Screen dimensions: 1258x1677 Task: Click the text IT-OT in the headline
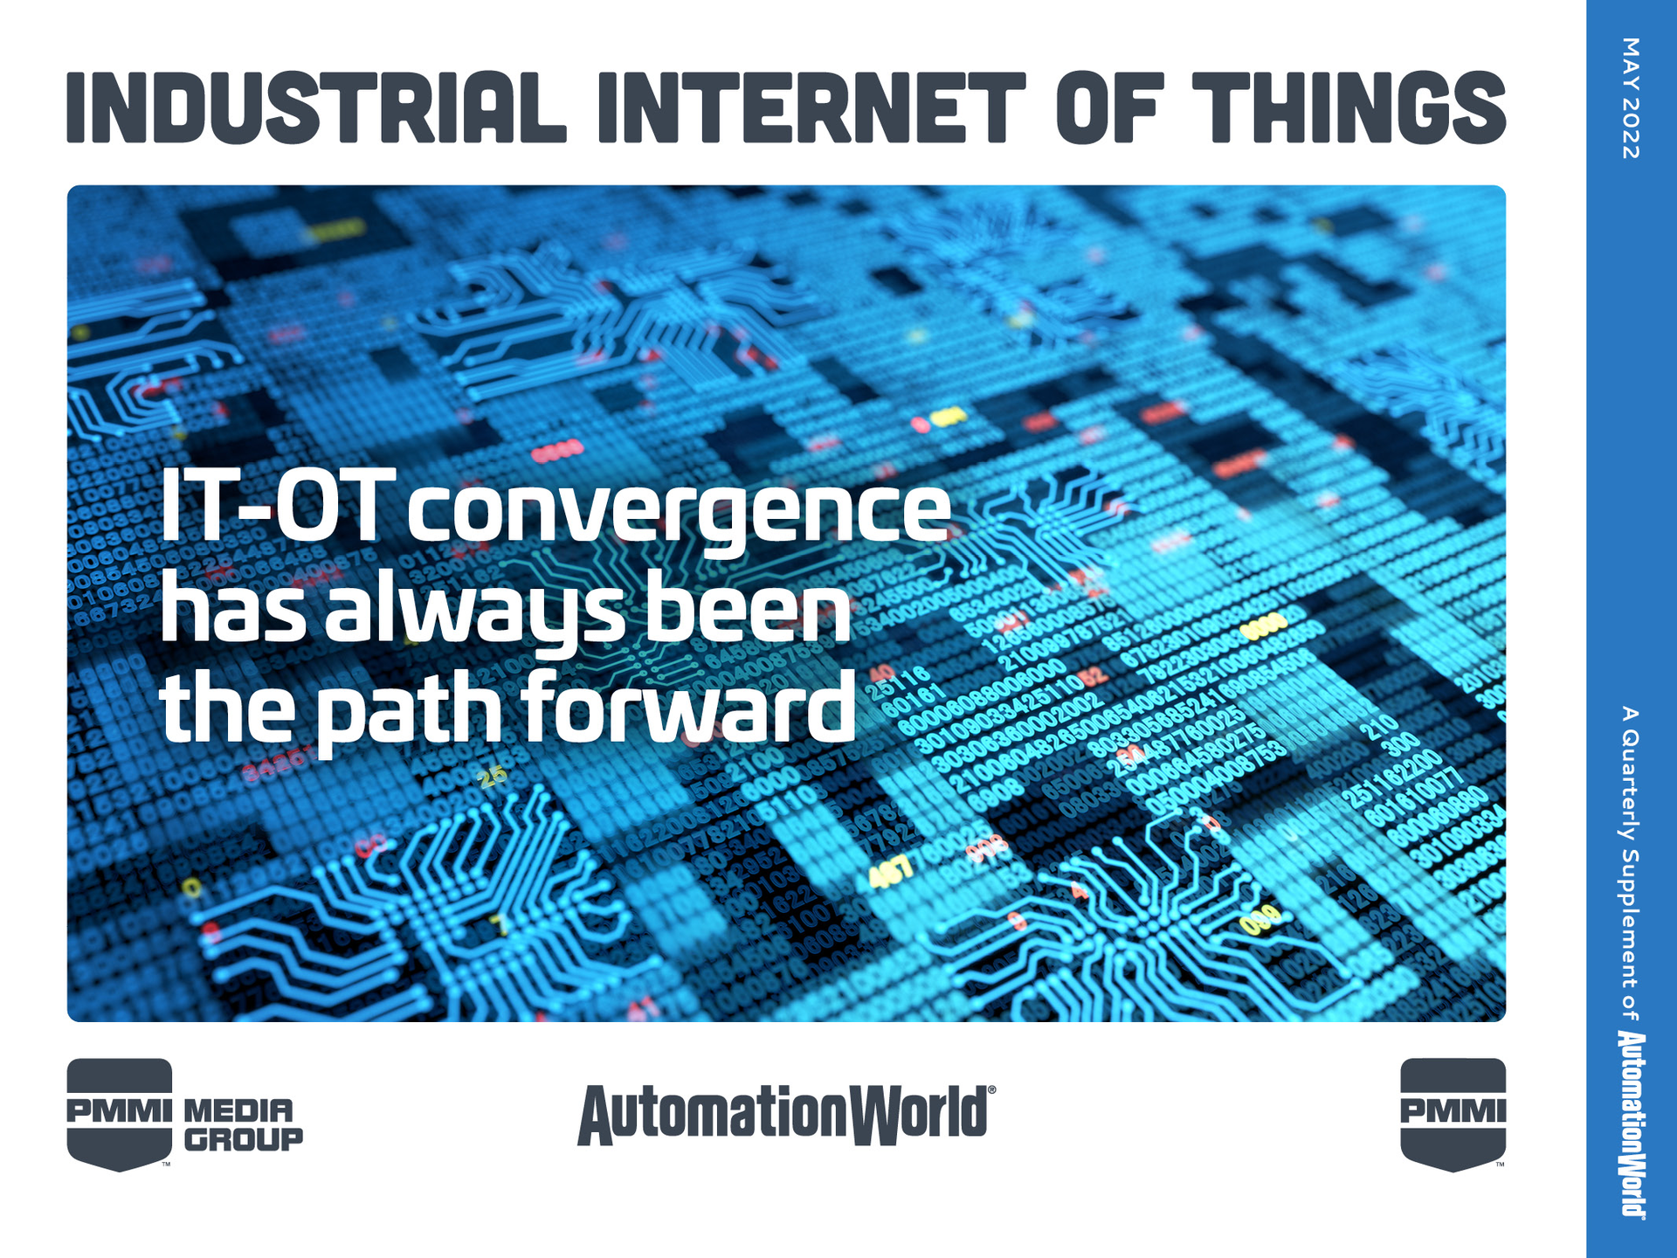[272, 507]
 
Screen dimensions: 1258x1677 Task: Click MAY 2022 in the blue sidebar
[1631, 98]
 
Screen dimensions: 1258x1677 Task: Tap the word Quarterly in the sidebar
[1630, 785]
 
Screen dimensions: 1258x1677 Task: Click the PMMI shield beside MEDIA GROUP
[120, 1114]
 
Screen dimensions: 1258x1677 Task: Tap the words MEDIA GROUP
[243, 1125]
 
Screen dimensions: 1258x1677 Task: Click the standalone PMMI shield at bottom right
[1453, 1114]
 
